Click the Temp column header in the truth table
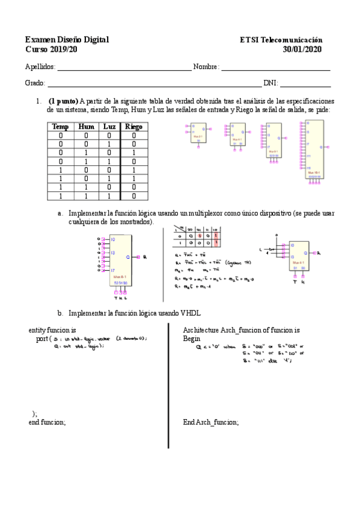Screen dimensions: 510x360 (60, 126)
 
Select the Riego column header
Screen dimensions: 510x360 (133, 126)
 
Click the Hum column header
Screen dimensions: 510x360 (86, 126)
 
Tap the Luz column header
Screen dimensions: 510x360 (109, 126)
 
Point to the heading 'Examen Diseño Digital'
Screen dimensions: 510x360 (67, 40)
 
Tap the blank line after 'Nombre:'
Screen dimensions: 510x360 (276, 67)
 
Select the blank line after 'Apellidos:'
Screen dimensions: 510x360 (124, 67)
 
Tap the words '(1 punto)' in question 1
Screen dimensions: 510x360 (63, 101)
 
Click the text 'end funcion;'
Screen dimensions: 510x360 (47, 422)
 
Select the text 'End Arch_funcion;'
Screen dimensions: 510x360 (210, 422)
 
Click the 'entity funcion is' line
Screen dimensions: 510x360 (52, 330)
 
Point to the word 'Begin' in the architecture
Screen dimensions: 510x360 (192, 339)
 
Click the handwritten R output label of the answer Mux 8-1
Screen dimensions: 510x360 (145, 257)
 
